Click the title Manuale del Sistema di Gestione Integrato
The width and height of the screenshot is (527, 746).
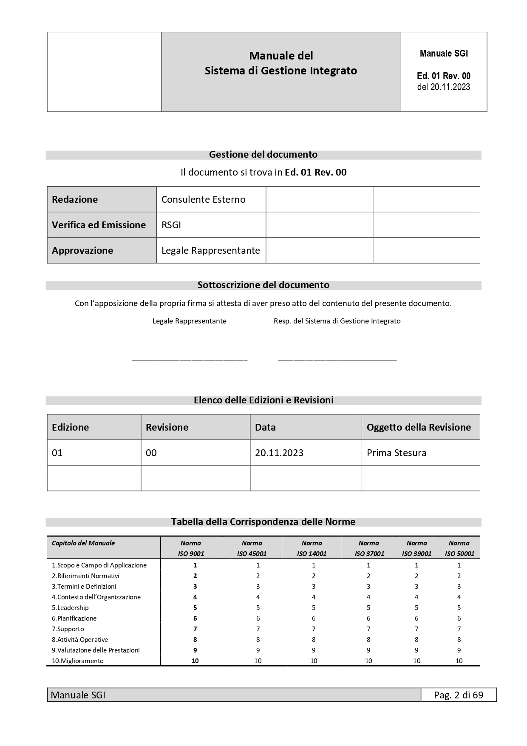click(x=281, y=63)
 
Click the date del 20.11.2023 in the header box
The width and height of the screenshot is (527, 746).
click(x=444, y=87)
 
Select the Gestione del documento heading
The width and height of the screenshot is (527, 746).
click(x=263, y=155)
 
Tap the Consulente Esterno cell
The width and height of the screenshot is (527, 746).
click(x=204, y=199)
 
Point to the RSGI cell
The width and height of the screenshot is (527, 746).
click(x=171, y=225)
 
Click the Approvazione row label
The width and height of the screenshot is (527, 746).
click(x=82, y=250)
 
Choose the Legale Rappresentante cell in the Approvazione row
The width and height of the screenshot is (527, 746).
click(x=211, y=250)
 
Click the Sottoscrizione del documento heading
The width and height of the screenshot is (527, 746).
click(x=263, y=285)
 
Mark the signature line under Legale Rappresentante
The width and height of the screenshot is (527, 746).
click(x=190, y=360)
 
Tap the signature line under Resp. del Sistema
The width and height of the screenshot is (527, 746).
click(x=337, y=360)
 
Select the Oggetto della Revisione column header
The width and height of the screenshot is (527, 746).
click(x=419, y=427)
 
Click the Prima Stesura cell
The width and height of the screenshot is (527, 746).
click(x=397, y=453)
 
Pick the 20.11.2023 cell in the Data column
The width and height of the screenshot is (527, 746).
click(x=279, y=453)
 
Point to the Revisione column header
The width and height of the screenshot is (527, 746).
click(x=167, y=427)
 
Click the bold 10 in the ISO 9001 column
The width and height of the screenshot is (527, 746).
click(x=195, y=661)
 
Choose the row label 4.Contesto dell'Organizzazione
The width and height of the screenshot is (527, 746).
click(x=96, y=597)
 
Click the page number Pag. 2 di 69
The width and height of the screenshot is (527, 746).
click(x=459, y=695)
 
